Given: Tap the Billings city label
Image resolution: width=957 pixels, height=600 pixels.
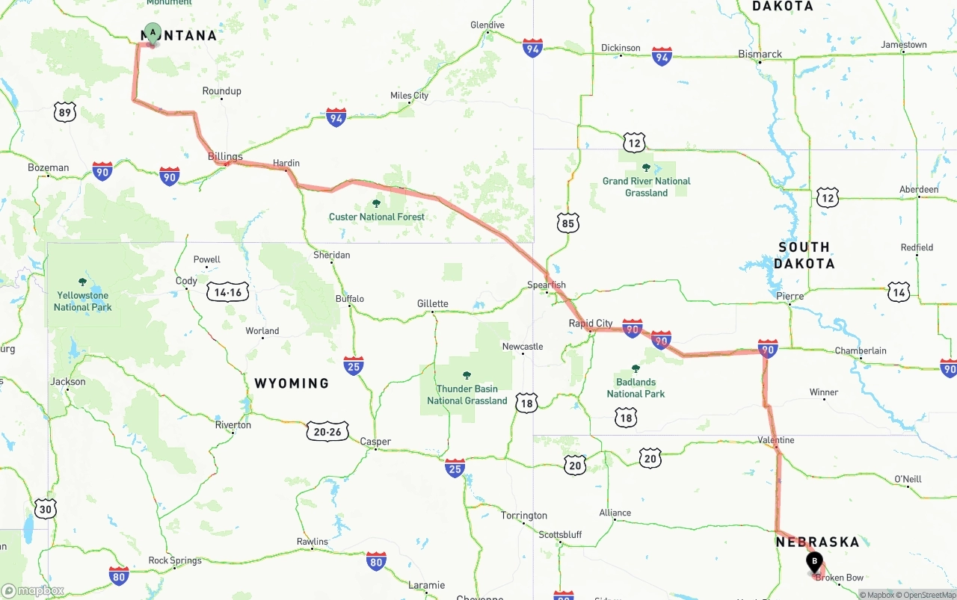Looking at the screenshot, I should pyautogui.click(x=225, y=157).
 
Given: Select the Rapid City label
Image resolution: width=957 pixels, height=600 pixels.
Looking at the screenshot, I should pyautogui.click(x=591, y=324).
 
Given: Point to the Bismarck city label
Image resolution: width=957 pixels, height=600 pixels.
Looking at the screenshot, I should pyautogui.click(x=760, y=55).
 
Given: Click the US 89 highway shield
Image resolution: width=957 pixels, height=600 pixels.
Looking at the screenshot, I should pyautogui.click(x=65, y=113).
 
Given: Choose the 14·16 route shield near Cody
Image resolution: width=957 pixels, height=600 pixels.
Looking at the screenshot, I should pyautogui.click(x=228, y=292).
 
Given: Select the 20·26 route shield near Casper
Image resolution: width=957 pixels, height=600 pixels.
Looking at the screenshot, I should pyautogui.click(x=327, y=431).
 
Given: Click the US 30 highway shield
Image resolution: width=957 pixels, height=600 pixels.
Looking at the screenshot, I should pyautogui.click(x=46, y=510).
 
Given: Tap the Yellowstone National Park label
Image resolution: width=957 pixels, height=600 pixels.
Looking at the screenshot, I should pyautogui.click(x=82, y=301).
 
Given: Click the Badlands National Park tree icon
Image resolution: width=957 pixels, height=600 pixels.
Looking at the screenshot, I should pyautogui.click(x=636, y=368).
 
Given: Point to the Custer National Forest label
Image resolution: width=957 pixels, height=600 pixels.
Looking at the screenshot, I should pyautogui.click(x=377, y=217).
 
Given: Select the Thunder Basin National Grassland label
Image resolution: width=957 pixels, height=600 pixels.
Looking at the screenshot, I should pyautogui.click(x=467, y=395).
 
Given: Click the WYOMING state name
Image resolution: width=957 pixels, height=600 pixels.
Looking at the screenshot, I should pyautogui.click(x=292, y=383).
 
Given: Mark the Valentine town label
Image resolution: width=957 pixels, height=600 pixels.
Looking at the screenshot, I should pyautogui.click(x=775, y=440).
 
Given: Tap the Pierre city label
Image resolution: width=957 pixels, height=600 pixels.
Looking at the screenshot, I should pyautogui.click(x=790, y=297).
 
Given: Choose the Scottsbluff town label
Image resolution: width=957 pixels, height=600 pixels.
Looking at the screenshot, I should pyautogui.click(x=560, y=535).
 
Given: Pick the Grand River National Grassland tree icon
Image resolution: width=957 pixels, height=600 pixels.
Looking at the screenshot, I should pyautogui.click(x=646, y=167).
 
